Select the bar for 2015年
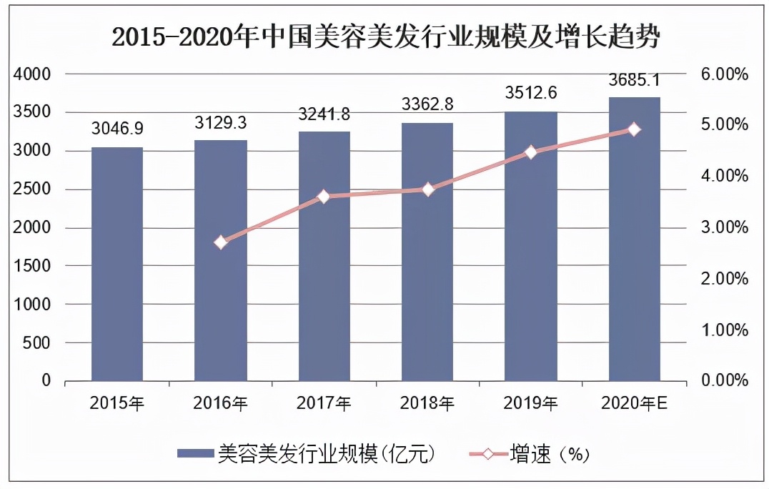click(117, 264)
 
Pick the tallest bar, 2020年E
click(634, 239)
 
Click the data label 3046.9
click(117, 129)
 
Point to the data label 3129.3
click(221, 122)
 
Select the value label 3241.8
click(324, 114)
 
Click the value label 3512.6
click(531, 93)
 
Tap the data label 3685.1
click(634, 79)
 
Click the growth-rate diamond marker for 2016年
click(221, 242)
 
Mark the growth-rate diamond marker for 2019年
click(531, 152)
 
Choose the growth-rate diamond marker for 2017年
click(324, 197)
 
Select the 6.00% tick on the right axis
click(721, 74)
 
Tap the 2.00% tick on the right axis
click(721, 279)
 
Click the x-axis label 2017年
click(324, 405)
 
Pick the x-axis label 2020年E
click(634, 405)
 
